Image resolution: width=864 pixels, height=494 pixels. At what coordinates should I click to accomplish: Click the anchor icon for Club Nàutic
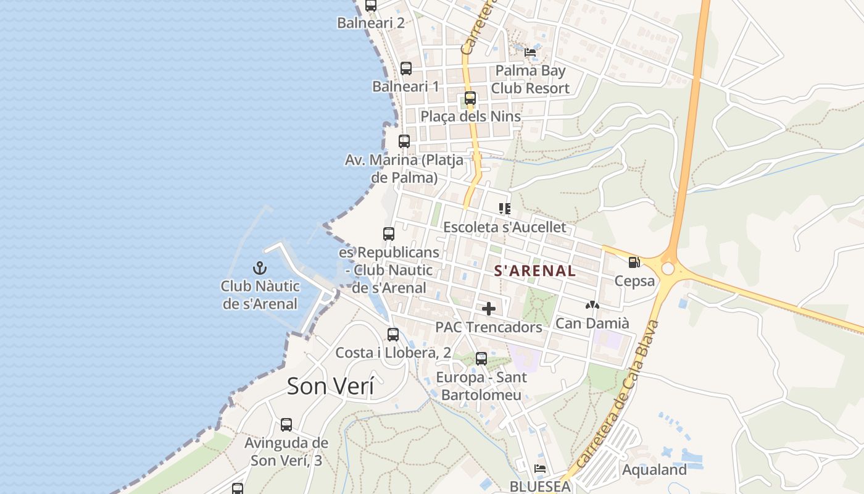coord(260,268)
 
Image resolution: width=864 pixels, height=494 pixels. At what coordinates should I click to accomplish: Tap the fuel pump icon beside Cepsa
coord(634,262)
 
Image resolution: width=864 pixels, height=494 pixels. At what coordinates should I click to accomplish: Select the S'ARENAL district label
coord(535,270)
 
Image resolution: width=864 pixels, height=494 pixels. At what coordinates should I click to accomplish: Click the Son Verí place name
coord(331,386)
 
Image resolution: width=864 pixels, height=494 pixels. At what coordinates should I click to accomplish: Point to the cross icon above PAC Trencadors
coord(489,308)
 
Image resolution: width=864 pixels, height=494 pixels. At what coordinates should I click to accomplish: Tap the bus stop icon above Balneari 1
coord(406,69)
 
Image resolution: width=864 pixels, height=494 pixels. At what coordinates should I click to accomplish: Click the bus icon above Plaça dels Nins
coord(470,98)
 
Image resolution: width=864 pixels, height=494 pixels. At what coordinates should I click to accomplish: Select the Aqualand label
coord(654,470)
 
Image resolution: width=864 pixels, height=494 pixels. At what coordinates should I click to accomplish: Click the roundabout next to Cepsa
coord(668,269)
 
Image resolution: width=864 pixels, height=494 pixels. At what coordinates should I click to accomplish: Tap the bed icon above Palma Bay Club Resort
coord(530,52)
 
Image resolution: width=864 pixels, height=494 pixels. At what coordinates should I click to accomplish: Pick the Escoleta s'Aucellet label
coord(504,227)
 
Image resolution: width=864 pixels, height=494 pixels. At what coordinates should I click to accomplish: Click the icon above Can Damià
coord(592,305)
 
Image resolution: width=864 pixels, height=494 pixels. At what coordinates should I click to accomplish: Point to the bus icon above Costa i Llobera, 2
coord(393,335)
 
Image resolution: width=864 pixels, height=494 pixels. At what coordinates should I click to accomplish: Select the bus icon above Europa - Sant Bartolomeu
coord(481,359)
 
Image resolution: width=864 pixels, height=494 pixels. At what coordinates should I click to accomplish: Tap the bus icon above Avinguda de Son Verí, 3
coord(286,425)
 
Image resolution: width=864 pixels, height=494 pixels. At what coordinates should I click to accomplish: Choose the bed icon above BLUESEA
coord(540,469)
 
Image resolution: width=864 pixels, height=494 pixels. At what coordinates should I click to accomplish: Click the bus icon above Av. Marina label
coord(404,141)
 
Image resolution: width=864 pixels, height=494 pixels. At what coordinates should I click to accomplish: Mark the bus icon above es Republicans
coord(389,234)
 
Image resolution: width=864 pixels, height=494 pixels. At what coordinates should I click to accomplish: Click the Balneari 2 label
coord(371,23)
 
